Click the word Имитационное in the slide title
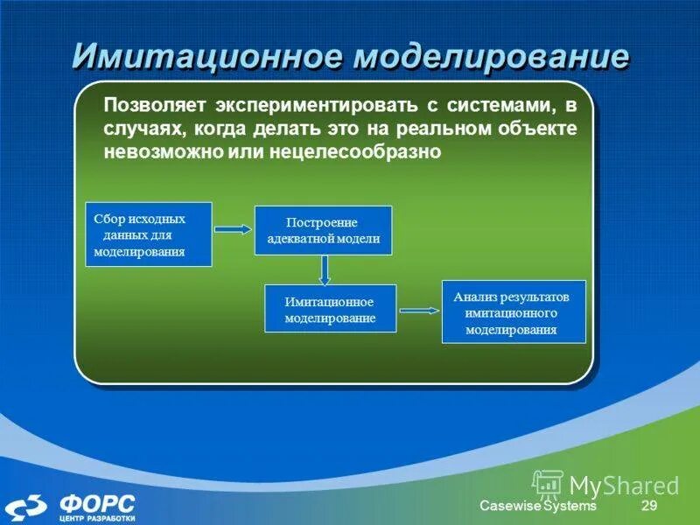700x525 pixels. click(206, 57)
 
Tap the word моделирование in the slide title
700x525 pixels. click(492, 57)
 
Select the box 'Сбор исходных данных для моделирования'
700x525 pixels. click(149, 234)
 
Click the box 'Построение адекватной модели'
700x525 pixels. click(323, 230)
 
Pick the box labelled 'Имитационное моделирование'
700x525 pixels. click(331, 309)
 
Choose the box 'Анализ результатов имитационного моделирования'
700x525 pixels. click(514, 311)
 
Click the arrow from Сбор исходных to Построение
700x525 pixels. click(233, 229)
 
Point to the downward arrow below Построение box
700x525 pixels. click(325, 270)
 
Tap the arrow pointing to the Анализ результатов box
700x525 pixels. click(419, 311)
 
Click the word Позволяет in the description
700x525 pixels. click(155, 105)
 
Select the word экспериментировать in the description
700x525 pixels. click(317, 106)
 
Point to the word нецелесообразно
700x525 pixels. click(355, 152)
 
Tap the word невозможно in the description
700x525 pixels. click(164, 152)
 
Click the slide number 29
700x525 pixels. click(649, 506)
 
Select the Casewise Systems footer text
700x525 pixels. click(538, 506)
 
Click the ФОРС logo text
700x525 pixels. click(97, 504)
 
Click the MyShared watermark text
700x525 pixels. click(624, 486)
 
